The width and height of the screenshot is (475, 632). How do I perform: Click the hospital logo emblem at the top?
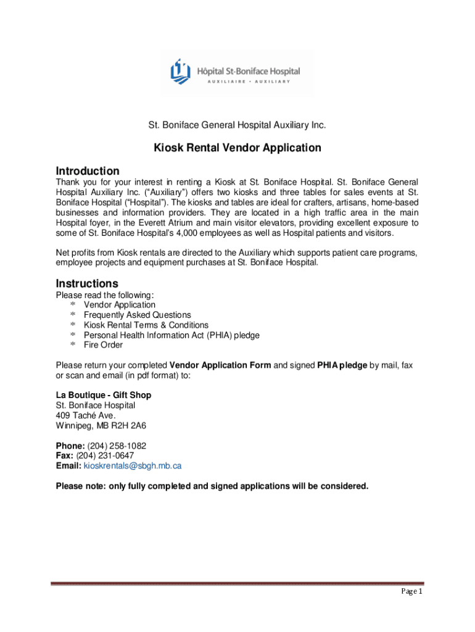pos(180,73)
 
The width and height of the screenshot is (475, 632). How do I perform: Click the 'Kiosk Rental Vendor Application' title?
pos(238,148)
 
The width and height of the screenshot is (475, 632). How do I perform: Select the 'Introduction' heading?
pos(88,171)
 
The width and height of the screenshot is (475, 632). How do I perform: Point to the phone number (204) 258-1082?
pos(117,446)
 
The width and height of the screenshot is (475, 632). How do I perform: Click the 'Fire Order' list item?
pos(103,345)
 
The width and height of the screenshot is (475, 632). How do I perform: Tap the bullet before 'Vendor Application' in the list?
pos(73,306)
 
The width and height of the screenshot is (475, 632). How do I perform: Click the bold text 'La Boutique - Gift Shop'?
pos(104,395)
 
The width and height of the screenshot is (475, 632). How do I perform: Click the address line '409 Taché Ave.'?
pos(86,416)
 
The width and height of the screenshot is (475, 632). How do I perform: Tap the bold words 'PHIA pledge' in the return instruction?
pos(342,365)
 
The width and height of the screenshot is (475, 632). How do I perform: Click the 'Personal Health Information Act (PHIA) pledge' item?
pos(171,335)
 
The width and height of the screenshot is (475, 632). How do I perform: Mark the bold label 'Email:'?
pos(68,466)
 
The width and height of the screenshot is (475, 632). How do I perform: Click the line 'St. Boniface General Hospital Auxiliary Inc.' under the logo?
pos(237,125)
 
